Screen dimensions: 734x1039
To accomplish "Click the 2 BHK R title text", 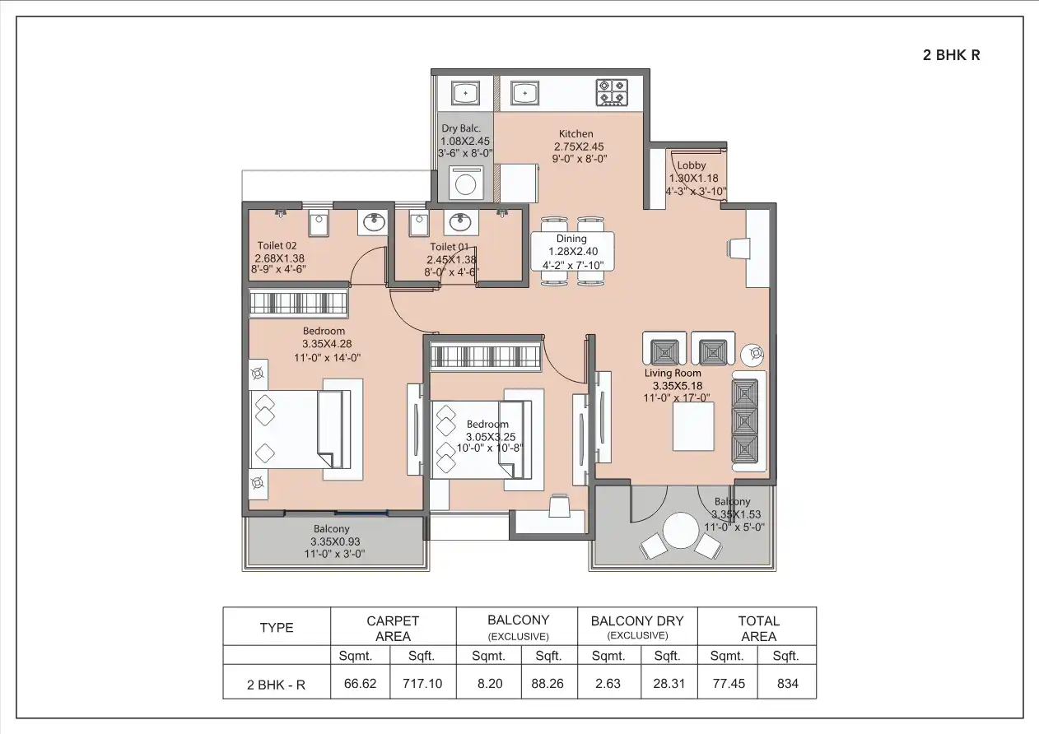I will click(951, 56).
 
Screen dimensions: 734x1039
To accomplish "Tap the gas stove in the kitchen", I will click(613, 92).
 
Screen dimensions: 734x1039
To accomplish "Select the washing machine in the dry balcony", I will click(467, 182).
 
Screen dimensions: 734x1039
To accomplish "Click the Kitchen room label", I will click(575, 134).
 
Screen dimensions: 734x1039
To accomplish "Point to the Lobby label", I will click(692, 165).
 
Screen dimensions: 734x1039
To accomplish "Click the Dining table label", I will click(571, 239).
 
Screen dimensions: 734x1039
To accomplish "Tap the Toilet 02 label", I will click(277, 245).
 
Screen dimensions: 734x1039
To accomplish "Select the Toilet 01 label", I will click(449, 247).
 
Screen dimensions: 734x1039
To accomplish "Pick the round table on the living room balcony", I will click(681, 531).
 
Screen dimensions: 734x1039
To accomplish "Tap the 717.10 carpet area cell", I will click(421, 684).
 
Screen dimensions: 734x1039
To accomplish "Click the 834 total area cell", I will click(787, 684).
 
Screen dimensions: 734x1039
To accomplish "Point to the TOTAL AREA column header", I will click(758, 628).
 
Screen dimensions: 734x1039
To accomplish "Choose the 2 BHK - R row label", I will click(276, 684).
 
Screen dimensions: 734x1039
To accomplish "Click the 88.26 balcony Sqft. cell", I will click(547, 684).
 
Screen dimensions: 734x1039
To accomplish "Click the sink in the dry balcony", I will click(466, 94).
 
